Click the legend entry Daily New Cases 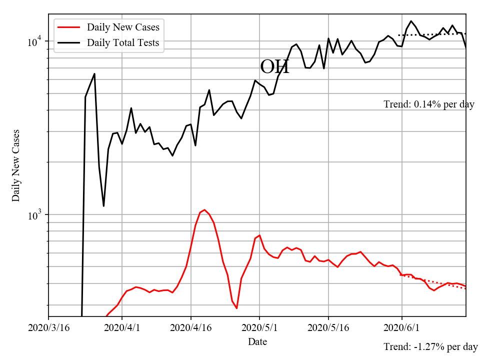[123, 27]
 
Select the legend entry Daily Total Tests [123, 42]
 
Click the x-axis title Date [257, 342]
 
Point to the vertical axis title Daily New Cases [16, 165]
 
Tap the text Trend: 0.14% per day [429, 104]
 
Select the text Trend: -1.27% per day [430, 346]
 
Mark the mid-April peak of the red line [204, 210]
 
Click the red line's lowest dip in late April [236, 308]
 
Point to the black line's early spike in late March [94, 74]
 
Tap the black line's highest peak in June [411, 21]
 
